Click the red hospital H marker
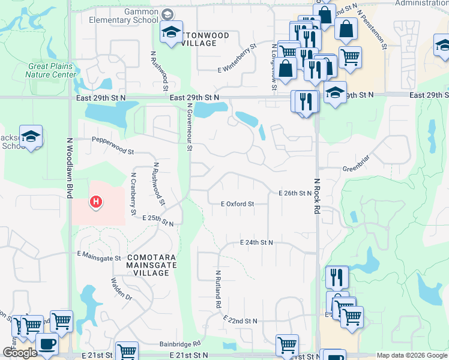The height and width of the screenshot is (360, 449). (95, 202)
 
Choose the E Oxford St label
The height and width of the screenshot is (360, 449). (237, 204)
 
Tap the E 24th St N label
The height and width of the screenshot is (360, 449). (256, 242)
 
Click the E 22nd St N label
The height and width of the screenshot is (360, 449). (240, 320)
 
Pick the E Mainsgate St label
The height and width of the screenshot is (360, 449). (99, 254)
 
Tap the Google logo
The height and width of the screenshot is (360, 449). (19, 353)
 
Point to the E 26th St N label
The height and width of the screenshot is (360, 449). (295, 193)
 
